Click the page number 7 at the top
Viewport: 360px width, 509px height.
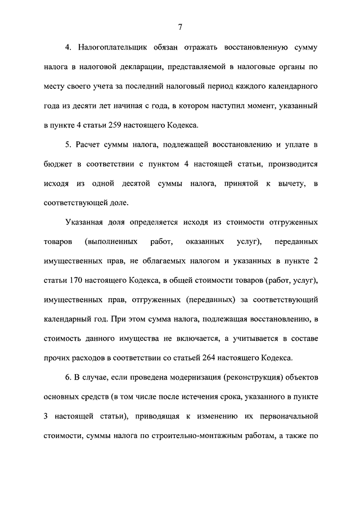pos(179,26)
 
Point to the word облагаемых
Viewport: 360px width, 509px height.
pos(169,260)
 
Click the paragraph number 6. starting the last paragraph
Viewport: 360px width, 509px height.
pos(69,376)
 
